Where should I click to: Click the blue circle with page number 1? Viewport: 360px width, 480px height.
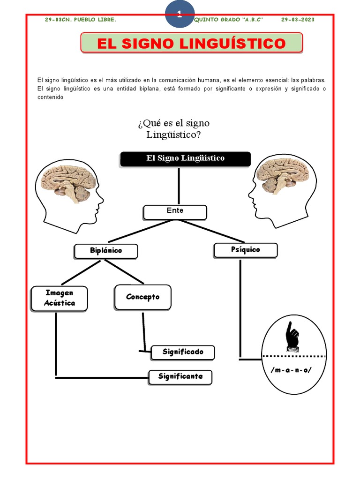pyautogui.click(x=180, y=14)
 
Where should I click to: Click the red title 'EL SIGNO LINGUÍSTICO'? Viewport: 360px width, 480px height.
pyautogui.click(x=192, y=43)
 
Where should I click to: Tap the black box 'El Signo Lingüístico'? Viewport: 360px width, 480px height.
pyautogui.click(x=185, y=159)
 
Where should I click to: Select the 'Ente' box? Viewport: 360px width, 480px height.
pyautogui.click(x=175, y=212)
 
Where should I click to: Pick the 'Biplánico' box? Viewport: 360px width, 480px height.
pyautogui.click(x=106, y=251)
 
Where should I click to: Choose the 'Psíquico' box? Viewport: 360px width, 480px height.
pyautogui.click(x=246, y=250)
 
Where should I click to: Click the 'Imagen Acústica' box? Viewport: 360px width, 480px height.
pyautogui.click(x=60, y=299)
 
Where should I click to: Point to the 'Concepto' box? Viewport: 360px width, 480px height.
pyautogui.click(x=142, y=297)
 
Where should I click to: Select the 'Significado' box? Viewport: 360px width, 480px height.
pyautogui.click(x=183, y=352)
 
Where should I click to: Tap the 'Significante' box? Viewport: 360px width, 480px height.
pyautogui.click(x=180, y=377)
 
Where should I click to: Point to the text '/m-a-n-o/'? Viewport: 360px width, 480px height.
pyautogui.click(x=291, y=370)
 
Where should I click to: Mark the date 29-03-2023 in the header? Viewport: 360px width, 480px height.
pyautogui.click(x=298, y=20)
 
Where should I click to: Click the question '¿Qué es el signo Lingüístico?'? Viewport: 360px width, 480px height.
pyautogui.click(x=173, y=129)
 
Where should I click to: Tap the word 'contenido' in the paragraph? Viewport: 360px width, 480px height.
pyautogui.click(x=51, y=97)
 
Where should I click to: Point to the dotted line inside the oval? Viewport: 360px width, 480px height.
pyautogui.click(x=294, y=356)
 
